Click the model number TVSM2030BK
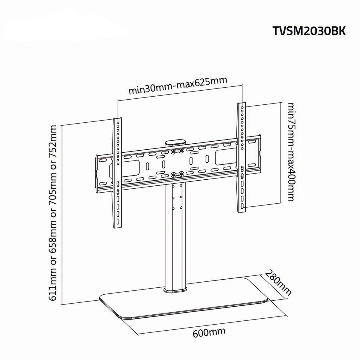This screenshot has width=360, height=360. (x=309, y=31)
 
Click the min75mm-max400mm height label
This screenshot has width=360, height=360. (x=291, y=152)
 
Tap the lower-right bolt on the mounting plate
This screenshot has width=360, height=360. (x=181, y=174)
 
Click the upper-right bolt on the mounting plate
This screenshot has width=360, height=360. (x=181, y=150)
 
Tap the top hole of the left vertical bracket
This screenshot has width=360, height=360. (x=118, y=123)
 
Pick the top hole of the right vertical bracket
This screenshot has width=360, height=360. (x=242, y=107)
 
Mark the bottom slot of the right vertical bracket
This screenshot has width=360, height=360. (x=242, y=206)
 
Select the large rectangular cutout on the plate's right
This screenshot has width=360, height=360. (x=226, y=157)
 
